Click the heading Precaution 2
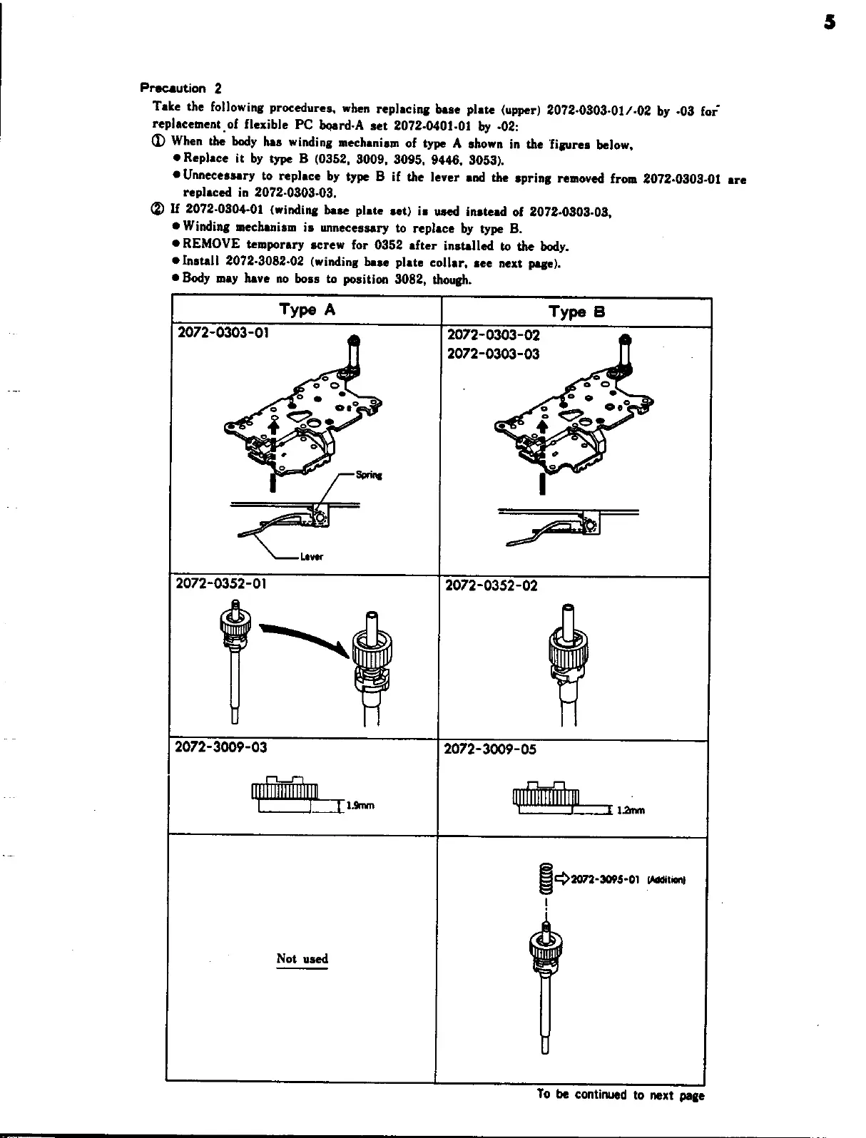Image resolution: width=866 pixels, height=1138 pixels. pyautogui.click(x=180, y=88)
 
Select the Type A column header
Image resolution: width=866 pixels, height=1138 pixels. pyautogui.click(x=307, y=309)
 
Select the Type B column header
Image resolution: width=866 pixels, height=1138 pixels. pyautogui.click(x=576, y=312)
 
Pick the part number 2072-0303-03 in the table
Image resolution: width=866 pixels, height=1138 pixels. pyautogui.click(x=493, y=354)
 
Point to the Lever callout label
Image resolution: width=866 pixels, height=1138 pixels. pyautogui.click(x=312, y=558)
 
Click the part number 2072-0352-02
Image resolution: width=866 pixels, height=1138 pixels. pyautogui.click(x=491, y=586)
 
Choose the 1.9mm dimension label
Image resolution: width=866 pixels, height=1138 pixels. pyautogui.click(x=360, y=806)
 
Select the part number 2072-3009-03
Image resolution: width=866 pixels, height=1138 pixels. pyautogui.click(x=220, y=747)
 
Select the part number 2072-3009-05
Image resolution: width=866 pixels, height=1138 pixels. pyautogui.click(x=490, y=749)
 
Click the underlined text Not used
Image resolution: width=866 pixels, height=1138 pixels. pyautogui.click(x=302, y=958)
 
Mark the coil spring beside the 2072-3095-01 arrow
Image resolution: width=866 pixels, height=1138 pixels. pyautogui.click(x=546, y=879)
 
